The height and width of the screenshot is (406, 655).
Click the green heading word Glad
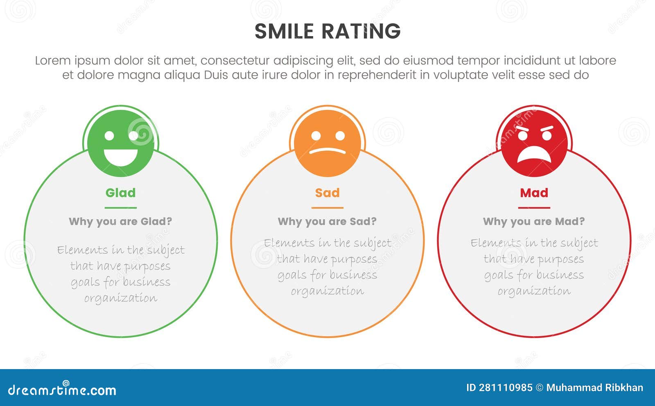pos(120,193)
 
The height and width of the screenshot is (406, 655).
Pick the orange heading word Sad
pos(327,193)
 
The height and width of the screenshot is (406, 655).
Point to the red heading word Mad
pos(534,193)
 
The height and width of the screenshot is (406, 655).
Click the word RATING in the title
pos(361,32)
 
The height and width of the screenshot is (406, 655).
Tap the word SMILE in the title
pos(284,32)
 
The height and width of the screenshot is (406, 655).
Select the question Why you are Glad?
pos(120,221)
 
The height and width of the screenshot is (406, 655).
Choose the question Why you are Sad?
pos(327,221)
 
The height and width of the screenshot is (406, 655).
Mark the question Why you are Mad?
pos(534,221)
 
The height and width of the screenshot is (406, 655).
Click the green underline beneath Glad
pos(120,208)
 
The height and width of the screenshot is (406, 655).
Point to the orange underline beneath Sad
pos(327,208)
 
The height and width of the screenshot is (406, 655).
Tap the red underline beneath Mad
pos(534,208)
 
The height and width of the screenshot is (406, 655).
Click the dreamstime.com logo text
pos(62,390)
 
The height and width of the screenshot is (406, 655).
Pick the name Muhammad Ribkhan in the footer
pos(594,388)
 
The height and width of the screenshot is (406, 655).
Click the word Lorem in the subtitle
pos(53,61)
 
